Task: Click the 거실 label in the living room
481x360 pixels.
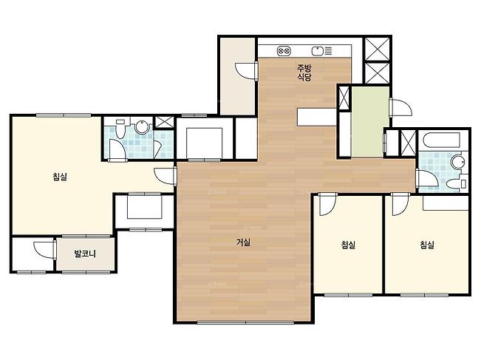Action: [243, 242]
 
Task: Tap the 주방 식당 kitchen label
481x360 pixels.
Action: [304, 72]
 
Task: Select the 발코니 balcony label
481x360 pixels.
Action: [85, 254]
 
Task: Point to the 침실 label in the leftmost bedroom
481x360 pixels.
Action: [60, 177]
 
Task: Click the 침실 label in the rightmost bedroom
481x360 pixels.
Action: [427, 245]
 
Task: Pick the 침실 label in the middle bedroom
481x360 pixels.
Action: [348, 245]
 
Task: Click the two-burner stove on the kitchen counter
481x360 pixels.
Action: [284, 51]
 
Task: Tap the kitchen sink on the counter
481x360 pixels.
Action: [318, 51]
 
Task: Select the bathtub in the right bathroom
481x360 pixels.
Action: [441, 141]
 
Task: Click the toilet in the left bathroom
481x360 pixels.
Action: [120, 129]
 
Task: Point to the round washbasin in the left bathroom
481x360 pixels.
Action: [141, 126]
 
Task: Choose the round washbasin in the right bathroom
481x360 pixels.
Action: [458, 162]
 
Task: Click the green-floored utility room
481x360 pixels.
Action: [371, 122]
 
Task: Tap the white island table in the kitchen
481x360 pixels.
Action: [317, 117]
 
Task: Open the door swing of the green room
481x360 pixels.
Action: [400, 107]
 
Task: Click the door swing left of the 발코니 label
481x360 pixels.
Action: [44, 250]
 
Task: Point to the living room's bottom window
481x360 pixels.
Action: [245, 322]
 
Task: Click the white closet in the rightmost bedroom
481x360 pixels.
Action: [446, 203]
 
